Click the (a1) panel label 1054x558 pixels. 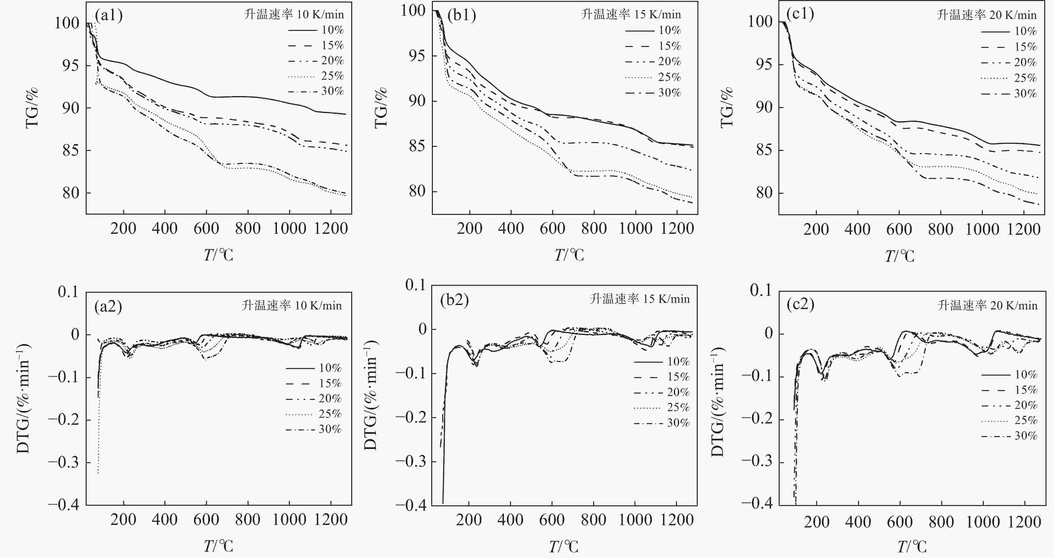click(108, 15)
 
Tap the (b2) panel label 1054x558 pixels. click(454, 300)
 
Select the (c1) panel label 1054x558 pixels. click(800, 14)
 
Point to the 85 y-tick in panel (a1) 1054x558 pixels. click(70, 151)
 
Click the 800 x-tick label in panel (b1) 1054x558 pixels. click(594, 228)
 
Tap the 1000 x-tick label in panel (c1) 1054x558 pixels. click(982, 229)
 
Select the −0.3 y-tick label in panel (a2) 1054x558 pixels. click(63, 463)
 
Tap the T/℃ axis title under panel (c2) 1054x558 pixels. click(912, 547)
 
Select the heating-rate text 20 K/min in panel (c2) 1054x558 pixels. click(987, 305)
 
